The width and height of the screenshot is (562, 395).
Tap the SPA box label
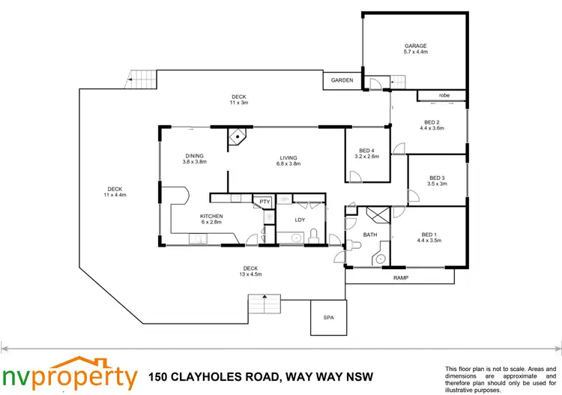click(x=328, y=318)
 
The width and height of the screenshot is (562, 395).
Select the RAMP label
click(x=401, y=277)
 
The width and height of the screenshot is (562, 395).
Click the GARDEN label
click(x=342, y=80)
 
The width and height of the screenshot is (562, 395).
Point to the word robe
click(x=444, y=95)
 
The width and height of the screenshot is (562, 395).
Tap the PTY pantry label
click(x=265, y=202)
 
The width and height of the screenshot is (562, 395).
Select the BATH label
click(x=370, y=235)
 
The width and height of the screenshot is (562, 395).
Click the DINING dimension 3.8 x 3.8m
click(x=195, y=161)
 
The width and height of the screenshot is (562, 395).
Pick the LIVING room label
click(x=288, y=157)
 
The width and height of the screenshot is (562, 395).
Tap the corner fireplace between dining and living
click(x=238, y=136)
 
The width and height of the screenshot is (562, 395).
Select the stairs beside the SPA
click(x=264, y=304)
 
